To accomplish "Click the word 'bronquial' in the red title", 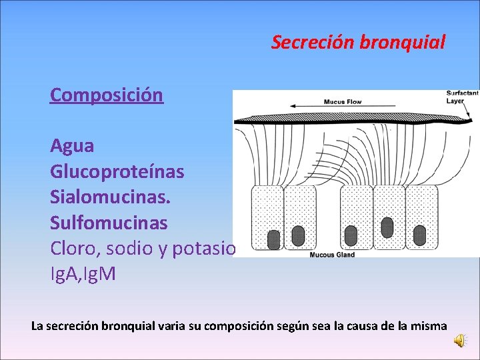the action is (402, 43).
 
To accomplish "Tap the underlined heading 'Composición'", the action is (106, 95).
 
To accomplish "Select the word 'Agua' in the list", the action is (72, 145).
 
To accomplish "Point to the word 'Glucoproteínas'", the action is (117, 172).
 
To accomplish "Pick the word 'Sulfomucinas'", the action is (109, 222).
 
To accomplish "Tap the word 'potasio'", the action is (204, 248).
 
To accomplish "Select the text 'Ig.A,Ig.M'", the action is (83, 273).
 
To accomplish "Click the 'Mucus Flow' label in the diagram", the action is (342, 102).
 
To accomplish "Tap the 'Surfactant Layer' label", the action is (462, 97).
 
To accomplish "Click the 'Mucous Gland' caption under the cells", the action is (332, 254).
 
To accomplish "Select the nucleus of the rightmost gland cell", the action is (419, 235).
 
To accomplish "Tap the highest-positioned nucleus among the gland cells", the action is (386, 227).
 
